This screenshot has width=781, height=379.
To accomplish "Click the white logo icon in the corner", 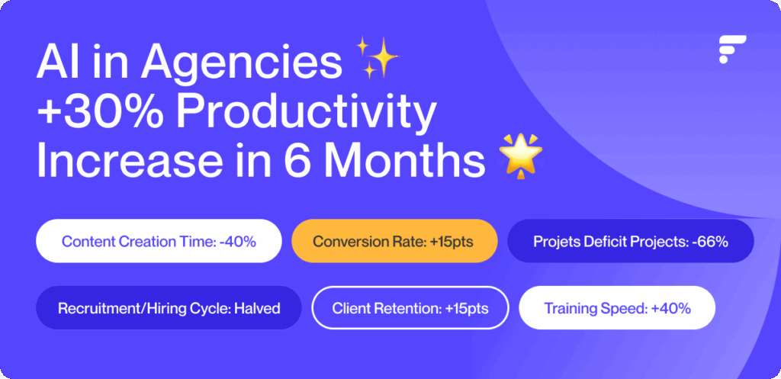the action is pyautogui.click(x=731, y=50).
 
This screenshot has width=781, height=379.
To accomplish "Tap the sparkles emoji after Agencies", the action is pyautogui.click(x=377, y=59).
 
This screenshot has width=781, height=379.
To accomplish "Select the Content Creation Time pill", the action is pyautogui.click(x=159, y=241).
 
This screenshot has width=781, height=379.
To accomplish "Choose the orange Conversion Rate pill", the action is pyautogui.click(x=394, y=241).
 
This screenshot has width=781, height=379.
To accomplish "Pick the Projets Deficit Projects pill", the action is pyautogui.click(x=631, y=241).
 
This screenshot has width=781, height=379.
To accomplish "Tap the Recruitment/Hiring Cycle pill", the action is pyautogui.click(x=169, y=308).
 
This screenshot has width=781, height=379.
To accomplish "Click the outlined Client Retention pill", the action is pyautogui.click(x=410, y=308).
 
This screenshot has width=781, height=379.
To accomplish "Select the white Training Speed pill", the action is pyautogui.click(x=617, y=308).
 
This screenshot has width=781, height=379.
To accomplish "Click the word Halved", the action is pyautogui.click(x=257, y=308).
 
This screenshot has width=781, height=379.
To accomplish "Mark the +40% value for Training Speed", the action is pyautogui.click(x=671, y=308).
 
